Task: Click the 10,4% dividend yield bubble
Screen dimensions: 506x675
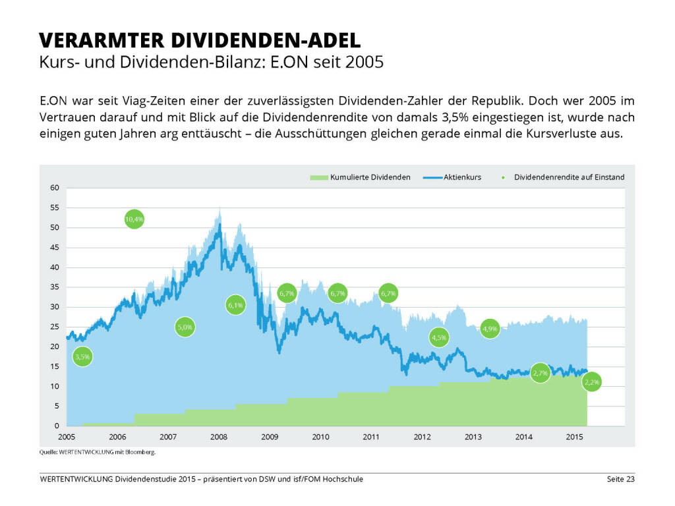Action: click(134, 219)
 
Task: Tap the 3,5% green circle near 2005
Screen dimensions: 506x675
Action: click(82, 357)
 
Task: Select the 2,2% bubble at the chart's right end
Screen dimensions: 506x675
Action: click(592, 382)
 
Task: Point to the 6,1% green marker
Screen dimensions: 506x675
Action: click(235, 305)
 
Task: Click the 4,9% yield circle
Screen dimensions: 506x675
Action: click(490, 328)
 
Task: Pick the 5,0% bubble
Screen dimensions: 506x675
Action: click(185, 327)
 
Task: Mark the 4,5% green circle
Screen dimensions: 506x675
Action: click(439, 337)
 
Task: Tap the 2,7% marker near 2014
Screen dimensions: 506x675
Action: click(540, 374)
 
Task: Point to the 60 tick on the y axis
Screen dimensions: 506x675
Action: click(55, 188)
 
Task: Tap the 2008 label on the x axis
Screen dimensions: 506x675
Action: click(219, 437)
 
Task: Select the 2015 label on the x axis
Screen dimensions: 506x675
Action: click(573, 437)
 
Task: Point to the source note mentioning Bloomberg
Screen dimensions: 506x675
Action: click(98, 453)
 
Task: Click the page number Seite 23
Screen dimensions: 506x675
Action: click(620, 479)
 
